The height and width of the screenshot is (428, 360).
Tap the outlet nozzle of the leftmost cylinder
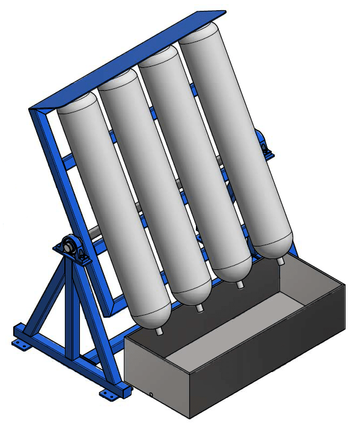point(159,330)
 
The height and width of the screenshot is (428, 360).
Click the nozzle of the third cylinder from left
point(240,284)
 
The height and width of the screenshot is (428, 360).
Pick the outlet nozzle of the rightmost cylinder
point(280,261)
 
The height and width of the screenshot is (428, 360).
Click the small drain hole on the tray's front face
point(151,394)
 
